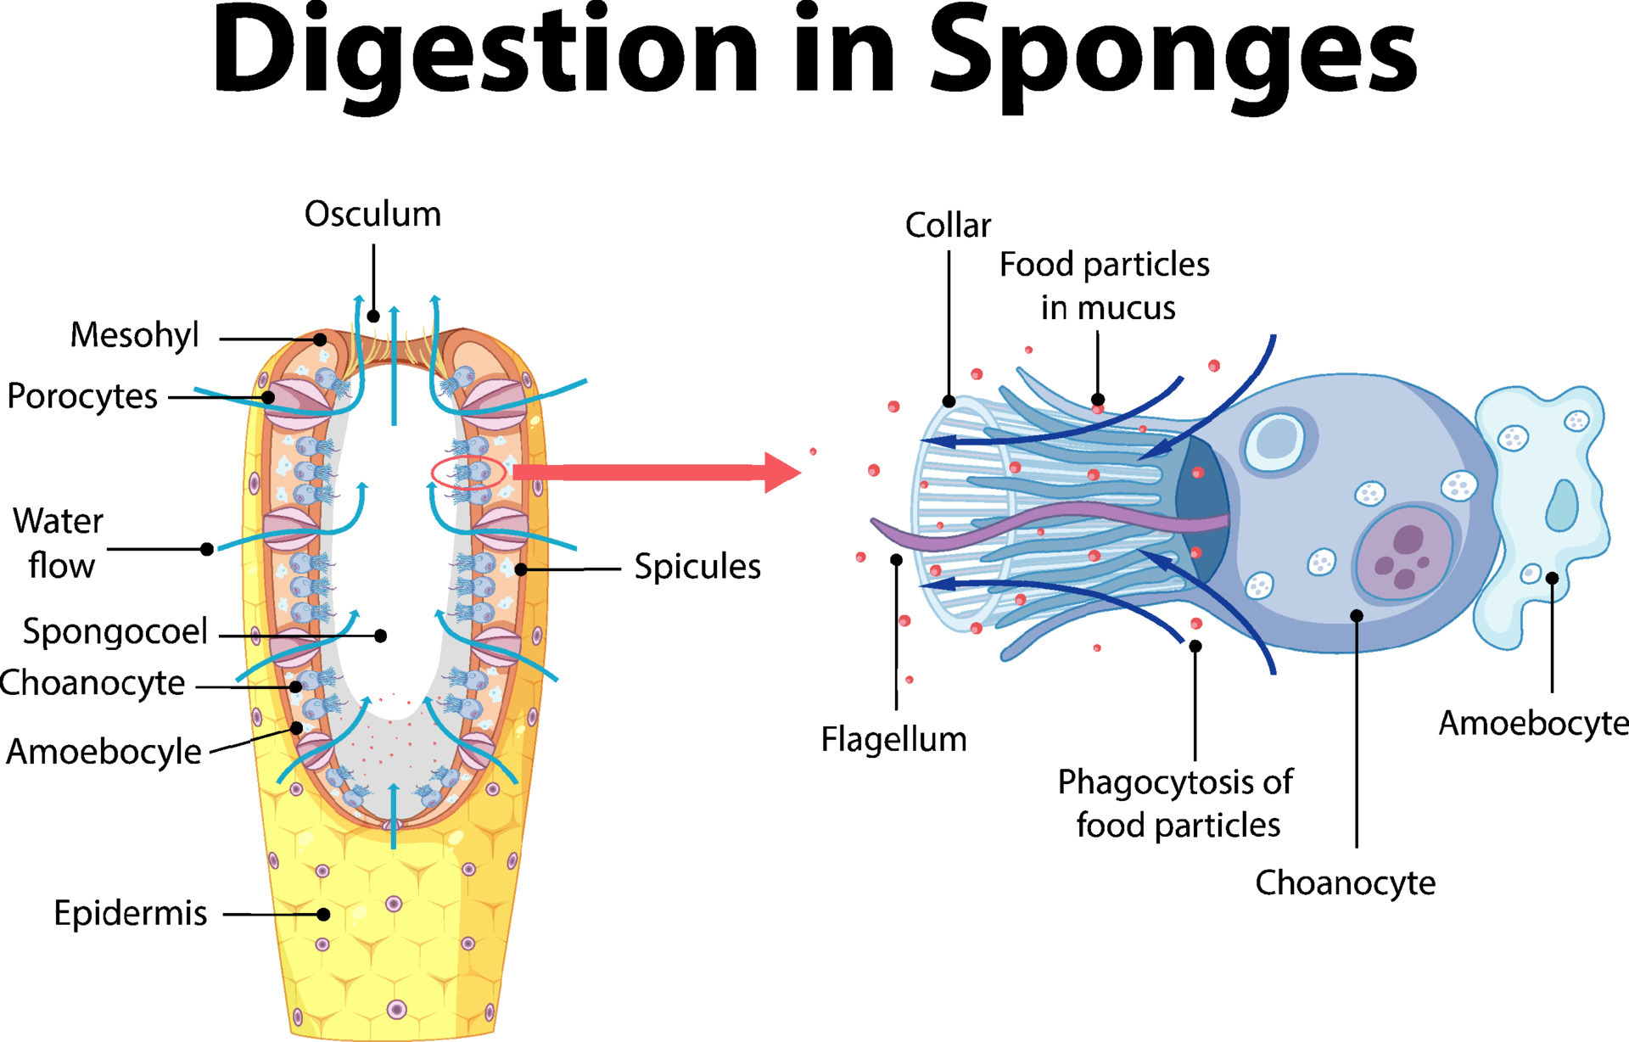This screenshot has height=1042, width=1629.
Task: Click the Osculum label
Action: tap(372, 215)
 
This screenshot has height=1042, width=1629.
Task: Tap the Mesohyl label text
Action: tap(134, 335)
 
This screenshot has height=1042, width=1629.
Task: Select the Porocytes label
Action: tap(82, 396)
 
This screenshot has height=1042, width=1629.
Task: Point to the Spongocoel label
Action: tap(115, 631)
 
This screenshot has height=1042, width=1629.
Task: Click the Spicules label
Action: tap(697, 567)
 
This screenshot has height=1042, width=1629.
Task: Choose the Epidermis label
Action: tap(130, 913)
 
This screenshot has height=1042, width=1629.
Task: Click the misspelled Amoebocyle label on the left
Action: tap(104, 752)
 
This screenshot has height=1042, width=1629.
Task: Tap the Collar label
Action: tap(948, 226)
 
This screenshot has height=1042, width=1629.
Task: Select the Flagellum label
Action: tap(893, 739)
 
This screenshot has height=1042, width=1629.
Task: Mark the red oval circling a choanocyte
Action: tap(468, 473)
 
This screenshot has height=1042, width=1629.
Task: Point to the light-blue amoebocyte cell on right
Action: tap(1544, 509)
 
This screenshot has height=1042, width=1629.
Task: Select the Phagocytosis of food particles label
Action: tap(1177, 803)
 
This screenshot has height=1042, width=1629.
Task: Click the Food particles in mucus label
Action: tap(1106, 286)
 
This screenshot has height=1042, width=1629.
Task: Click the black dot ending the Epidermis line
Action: tap(323, 915)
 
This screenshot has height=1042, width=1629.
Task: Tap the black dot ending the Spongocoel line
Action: tap(381, 636)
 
